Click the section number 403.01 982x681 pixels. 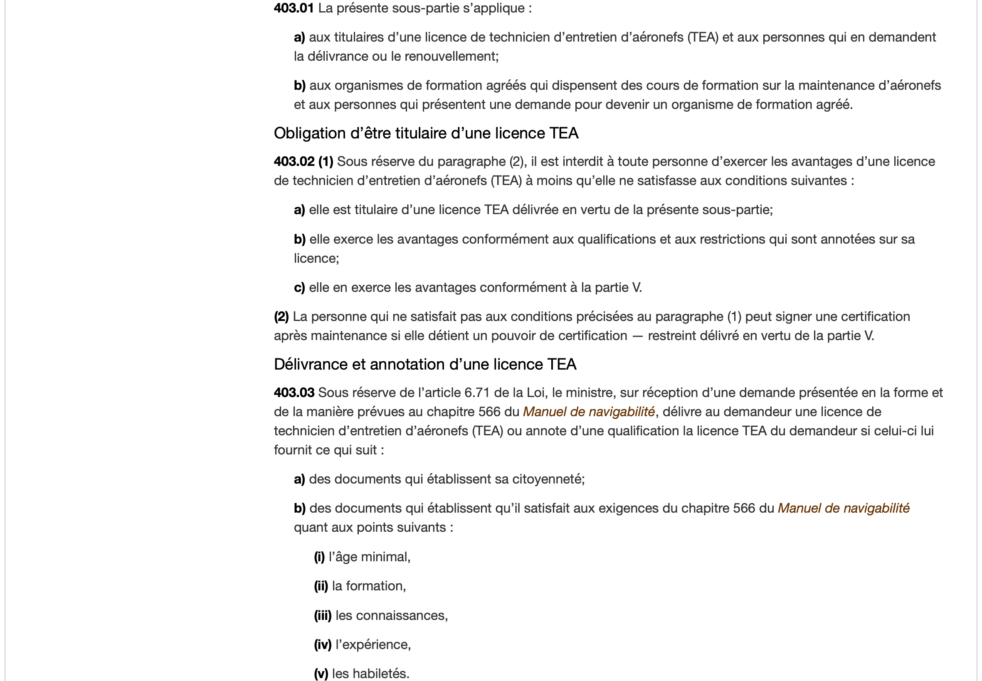294,8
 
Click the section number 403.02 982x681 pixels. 294,162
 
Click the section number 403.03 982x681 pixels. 294,392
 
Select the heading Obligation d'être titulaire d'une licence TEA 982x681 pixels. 426,133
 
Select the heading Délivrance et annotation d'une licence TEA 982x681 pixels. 425,364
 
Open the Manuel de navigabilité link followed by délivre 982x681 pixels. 588,412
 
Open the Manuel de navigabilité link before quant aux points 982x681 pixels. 843,508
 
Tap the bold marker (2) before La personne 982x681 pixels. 281,317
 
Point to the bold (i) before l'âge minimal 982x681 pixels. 319,557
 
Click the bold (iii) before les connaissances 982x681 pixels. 323,615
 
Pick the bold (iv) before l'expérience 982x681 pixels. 323,644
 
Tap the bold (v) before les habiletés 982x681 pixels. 321,674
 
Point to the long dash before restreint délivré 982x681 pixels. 637,336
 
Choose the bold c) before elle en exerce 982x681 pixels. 299,288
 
